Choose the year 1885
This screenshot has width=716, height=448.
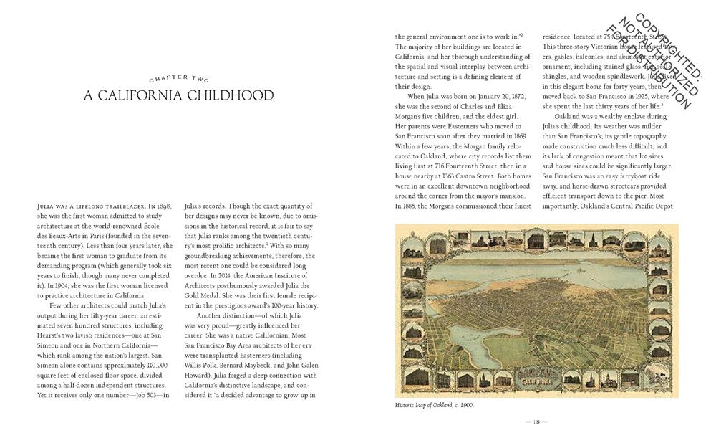tap(406, 206)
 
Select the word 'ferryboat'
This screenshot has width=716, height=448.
tap(631, 175)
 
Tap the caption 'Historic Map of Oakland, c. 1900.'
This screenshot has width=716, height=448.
tap(434, 405)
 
